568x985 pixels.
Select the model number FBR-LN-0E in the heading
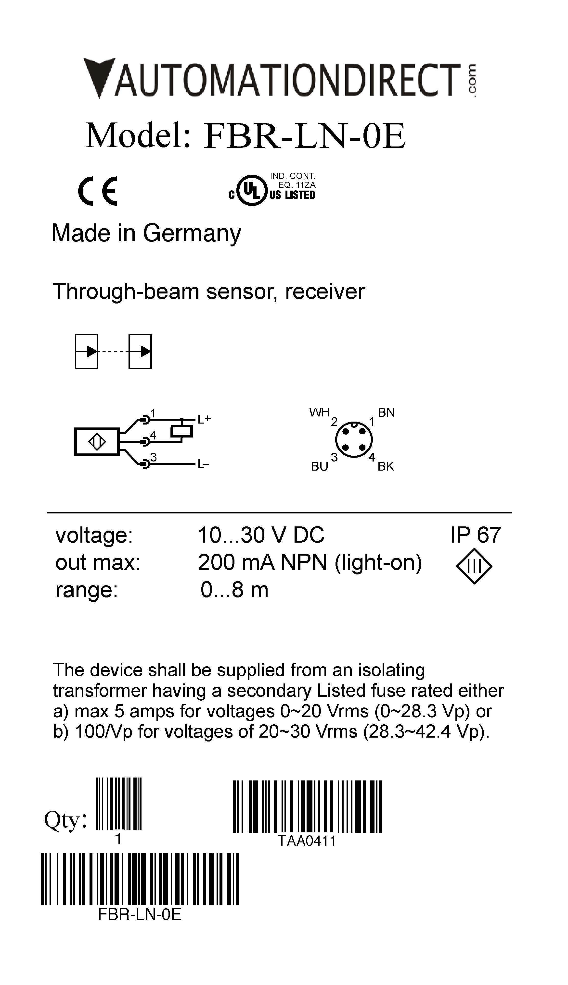(x=304, y=136)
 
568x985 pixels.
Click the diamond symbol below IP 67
(x=474, y=566)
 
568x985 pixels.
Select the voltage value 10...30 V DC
(x=261, y=535)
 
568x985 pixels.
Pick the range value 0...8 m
(x=234, y=590)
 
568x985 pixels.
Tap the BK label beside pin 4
(x=386, y=466)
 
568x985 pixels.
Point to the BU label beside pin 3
(x=319, y=466)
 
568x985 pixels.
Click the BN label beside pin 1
(x=386, y=413)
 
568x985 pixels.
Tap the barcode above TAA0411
(x=307, y=807)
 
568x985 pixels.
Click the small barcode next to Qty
(x=119, y=803)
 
